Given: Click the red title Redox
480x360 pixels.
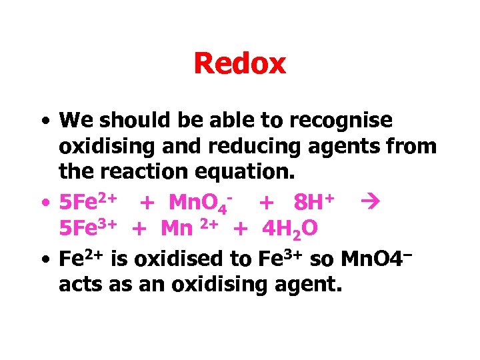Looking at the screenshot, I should click(x=239, y=64).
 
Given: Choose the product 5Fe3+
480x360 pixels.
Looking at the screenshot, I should click(x=89, y=229).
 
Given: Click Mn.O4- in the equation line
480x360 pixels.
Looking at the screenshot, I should click(x=200, y=201).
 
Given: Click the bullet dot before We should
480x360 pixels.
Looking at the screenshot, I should click(x=43, y=122).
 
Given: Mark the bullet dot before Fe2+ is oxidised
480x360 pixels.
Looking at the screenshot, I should click(x=43, y=259).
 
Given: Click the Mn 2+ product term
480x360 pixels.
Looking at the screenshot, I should click(x=189, y=229).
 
